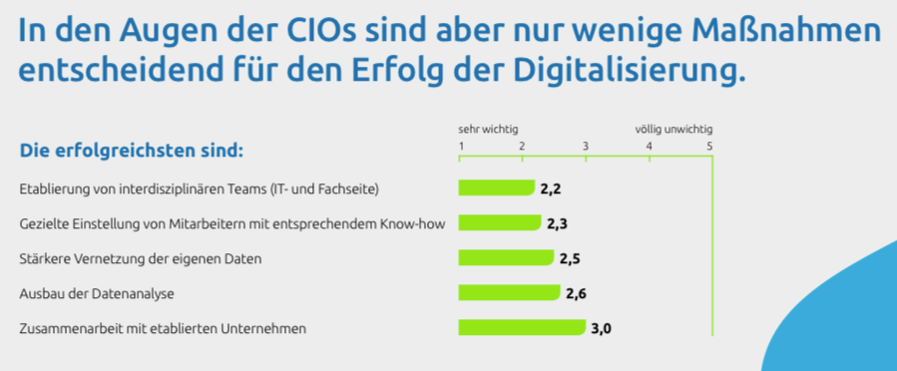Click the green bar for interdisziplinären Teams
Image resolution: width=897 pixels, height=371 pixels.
[496, 187]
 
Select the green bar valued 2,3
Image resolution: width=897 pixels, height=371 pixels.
[500, 222]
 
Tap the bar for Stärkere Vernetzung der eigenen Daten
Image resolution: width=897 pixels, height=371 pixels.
[506, 257]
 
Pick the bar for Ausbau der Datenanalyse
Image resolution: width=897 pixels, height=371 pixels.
[509, 292]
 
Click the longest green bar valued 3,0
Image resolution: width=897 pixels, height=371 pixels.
[521, 327]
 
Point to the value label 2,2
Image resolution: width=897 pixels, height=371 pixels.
[552, 187]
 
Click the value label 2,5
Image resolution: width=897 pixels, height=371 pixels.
[570, 258]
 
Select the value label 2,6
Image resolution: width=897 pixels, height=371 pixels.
[577, 293]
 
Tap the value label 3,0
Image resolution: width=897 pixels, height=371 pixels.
[601, 327]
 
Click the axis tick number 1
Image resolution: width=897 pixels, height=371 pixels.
[461, 148]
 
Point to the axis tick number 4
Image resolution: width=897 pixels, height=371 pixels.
[650, 148]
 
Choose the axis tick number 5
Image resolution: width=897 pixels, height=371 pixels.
[709, 148]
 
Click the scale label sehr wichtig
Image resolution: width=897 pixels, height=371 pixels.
[488, 130]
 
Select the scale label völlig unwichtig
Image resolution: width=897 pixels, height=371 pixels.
[673, 130]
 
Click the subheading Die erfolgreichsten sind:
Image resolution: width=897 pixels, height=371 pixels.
[132, 152]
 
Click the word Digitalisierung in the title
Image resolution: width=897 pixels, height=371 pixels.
[626, 71]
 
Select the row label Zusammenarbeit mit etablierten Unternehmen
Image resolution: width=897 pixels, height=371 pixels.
[163, 328]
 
